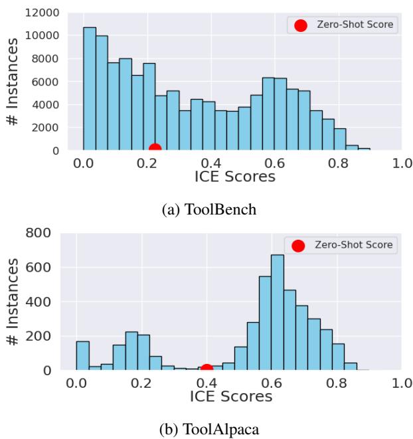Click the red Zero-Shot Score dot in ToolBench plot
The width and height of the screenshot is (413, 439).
(155, 149)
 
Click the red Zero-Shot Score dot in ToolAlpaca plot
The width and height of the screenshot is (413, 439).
(206, 369)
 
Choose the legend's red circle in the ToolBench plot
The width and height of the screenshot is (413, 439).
(300, 25)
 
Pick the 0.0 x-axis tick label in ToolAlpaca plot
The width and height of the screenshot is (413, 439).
(77, 384)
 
